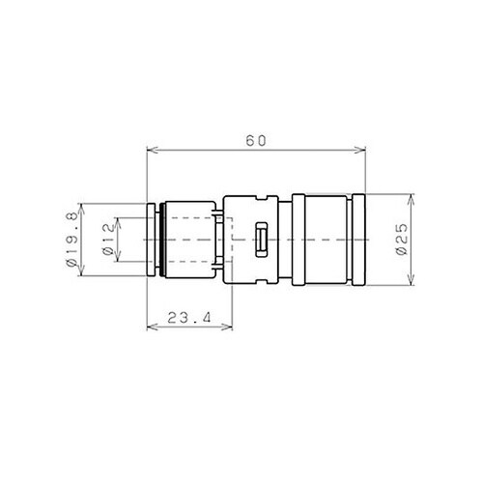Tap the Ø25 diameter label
click(x=401, y=239)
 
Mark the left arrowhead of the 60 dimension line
click(x=150, y=150)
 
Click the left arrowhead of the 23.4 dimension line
click(x=150, y=327)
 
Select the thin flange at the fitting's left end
click(x=152, y=239)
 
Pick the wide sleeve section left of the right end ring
click(x=324, y=239)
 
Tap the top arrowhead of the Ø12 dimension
click(x=117, y=220)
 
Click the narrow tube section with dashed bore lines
click(x=193, y=239)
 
